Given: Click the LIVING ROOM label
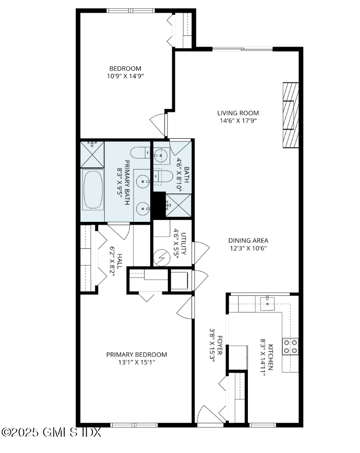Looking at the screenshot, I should click(x=238, y=113).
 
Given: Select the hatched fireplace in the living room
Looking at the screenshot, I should click(x=290, y=115).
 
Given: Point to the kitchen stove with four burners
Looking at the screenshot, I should click(x=291, y=347).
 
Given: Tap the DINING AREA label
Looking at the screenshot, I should click(x=248, y=240).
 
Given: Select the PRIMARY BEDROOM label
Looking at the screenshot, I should click(x=136, y=354).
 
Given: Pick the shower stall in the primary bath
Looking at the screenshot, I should click(x=92, y=154).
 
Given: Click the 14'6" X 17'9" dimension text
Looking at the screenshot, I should click(x=238, y=120).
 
